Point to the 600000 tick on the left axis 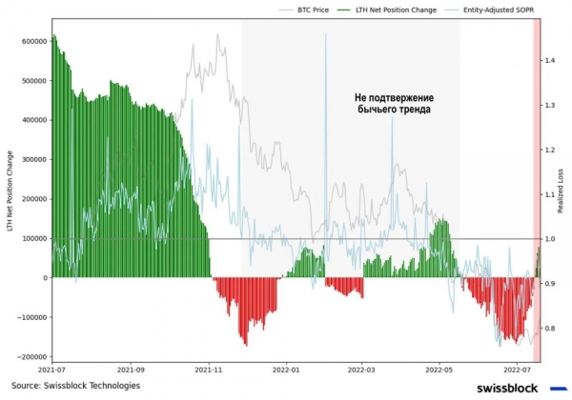(31, 42)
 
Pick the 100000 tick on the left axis (31, 238)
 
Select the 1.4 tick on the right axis (550, 60)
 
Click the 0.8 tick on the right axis (550, 329)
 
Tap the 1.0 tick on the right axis (550, 239)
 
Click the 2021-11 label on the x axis (209, 368)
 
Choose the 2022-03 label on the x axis (361, 368)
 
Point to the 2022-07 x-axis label (516, 368)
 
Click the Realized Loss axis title (562, 190)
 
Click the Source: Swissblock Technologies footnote (75, 386)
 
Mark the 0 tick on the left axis (44, 278)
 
